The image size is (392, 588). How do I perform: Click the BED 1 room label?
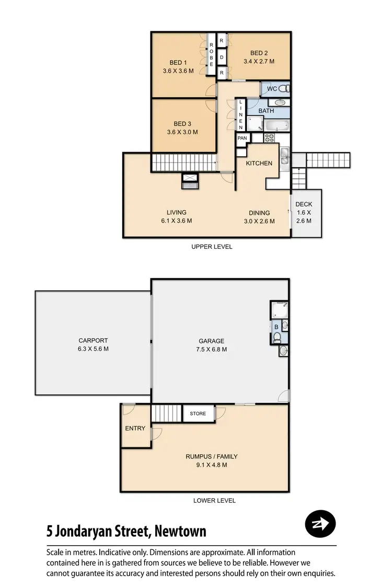pyautogui.click(x=178, y=63)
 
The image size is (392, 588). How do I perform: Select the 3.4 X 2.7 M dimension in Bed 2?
pyautogui.click(x=259, y=61)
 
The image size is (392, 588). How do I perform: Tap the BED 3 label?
pyautogui.click(x=182, y=123)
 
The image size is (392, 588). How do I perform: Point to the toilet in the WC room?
pyautogui.click(x=282, y=88)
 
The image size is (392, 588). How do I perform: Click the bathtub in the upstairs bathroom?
pyautogui.click(x=276, y=125)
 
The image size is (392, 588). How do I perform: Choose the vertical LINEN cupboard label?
pyautogui.click(x=241, y=115)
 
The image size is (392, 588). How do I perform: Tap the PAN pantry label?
pyautogui.click(x=242, y=138)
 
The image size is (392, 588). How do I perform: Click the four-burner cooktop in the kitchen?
pyautogui.click(x=270, y=138)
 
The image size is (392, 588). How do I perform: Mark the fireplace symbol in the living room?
pyautogui.click(x=189, y=181)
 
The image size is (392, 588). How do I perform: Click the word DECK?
pyautogui.click(x=304, y=204)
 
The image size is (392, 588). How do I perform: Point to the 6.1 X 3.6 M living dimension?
pyautogui.click(x=177, y=221)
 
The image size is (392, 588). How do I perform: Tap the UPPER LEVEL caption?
pyautogui.click(x=212, y=247)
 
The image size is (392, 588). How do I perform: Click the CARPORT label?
pyautogui.click(x=93, y=340)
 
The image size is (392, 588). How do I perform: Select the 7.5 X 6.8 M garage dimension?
pyautogui.click(x=212, y=349)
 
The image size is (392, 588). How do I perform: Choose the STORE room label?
pyautogui.click(x=198, y=413)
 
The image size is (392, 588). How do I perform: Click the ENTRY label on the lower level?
pyautogui.click(x=135, y=429)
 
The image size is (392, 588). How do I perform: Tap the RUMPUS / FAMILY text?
pyautogui.click(x=212, y=456)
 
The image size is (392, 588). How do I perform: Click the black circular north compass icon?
pyautogui.click(x=320, y=523)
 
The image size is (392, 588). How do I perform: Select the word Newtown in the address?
pyautogui.click(x=180, y=532)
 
